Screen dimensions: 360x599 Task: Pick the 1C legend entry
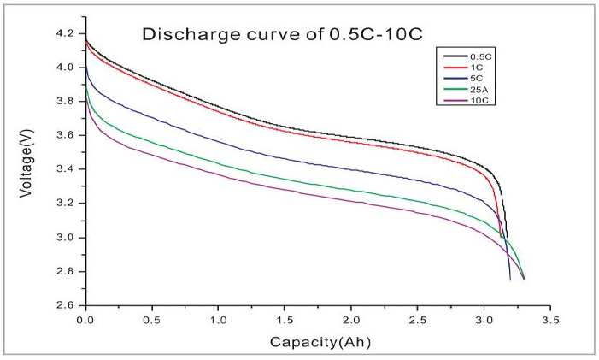point(465,66)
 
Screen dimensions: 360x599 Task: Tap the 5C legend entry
point(465,78)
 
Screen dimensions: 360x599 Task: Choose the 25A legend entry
point(467,89)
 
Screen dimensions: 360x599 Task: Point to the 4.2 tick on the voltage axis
point(67,33)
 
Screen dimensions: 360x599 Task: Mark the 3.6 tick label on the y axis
point(67,135)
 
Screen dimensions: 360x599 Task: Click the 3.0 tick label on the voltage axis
point(67,237)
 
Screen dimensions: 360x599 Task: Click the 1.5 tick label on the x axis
point(285,317)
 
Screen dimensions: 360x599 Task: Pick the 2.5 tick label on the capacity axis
point(417,317)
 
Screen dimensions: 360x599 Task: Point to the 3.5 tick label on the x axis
point(550,317)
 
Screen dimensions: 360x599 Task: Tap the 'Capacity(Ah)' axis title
point(317,342)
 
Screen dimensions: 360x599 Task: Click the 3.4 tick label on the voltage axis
point(67,169)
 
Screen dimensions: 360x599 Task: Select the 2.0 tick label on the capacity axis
point(351,317)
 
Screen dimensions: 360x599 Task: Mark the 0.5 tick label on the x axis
point(152,317)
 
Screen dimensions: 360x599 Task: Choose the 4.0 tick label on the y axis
point(67,68)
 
